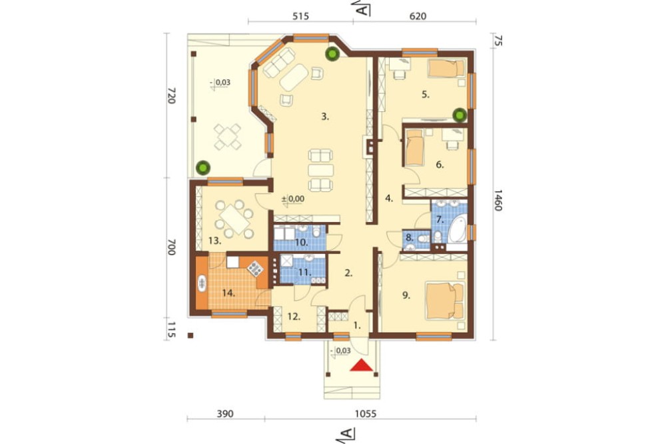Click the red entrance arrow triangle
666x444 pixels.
click(x=361, y=365)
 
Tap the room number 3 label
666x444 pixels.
click(x=325, y=116)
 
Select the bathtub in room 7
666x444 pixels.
click(x=456, y=229)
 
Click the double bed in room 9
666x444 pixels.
click(x=445, y=301)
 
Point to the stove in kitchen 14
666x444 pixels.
click(x=255, y=268)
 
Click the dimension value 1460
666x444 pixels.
click(x=498, y=200)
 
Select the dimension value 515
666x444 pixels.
click(x=300, y=17)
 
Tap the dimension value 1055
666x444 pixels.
click(x=365, y=413)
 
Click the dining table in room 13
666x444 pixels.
click(x=234, y=219)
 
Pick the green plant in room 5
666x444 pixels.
click(x=459, y=115)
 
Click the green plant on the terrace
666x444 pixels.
click(x=203, y=167)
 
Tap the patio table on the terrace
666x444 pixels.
click(x=227, y=136)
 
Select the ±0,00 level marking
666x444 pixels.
click(x=293, y=198)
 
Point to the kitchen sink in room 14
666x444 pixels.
click(x=202, y=283)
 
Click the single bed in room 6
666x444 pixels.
click(x=414, y=147)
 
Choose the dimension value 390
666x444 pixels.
click(x=225, y=413)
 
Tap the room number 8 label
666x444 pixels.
click(x=409, y=238)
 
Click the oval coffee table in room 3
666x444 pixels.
click(x=294, y=77)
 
